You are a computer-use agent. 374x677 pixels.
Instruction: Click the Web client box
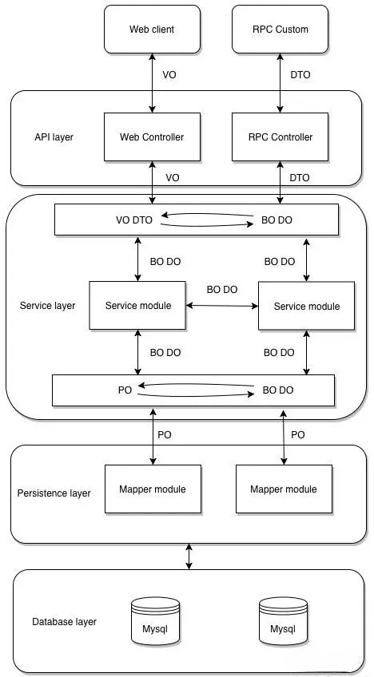click(152, 30)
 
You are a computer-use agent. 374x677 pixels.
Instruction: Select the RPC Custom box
click(280, 30)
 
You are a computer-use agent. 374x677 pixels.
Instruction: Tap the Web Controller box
click(152, 137)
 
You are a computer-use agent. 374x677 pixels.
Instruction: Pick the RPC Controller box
click(280, 137)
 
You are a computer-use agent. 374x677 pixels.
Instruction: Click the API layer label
click(54, 137)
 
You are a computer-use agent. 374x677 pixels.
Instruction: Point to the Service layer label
click(48, 306)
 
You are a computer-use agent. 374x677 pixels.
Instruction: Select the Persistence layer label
click(54, 493)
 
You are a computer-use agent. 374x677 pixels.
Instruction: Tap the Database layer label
click(65, 622)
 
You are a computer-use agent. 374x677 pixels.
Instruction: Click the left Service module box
click(138, 306)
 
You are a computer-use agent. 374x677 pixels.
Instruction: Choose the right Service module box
click(307, 306)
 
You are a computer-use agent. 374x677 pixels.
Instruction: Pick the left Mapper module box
click(153, 489)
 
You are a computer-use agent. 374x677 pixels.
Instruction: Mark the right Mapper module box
click(284, 489)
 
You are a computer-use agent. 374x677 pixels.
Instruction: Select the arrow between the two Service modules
click(222, 306)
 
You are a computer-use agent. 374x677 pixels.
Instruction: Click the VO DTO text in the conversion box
click(134, 220)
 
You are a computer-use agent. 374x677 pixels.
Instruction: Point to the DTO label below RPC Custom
click(300, 75)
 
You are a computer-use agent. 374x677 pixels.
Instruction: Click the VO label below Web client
click(169, 75)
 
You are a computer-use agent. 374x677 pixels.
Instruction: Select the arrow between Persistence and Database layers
click(189, 556)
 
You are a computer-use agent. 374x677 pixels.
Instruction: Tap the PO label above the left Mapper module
click(165, 435)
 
